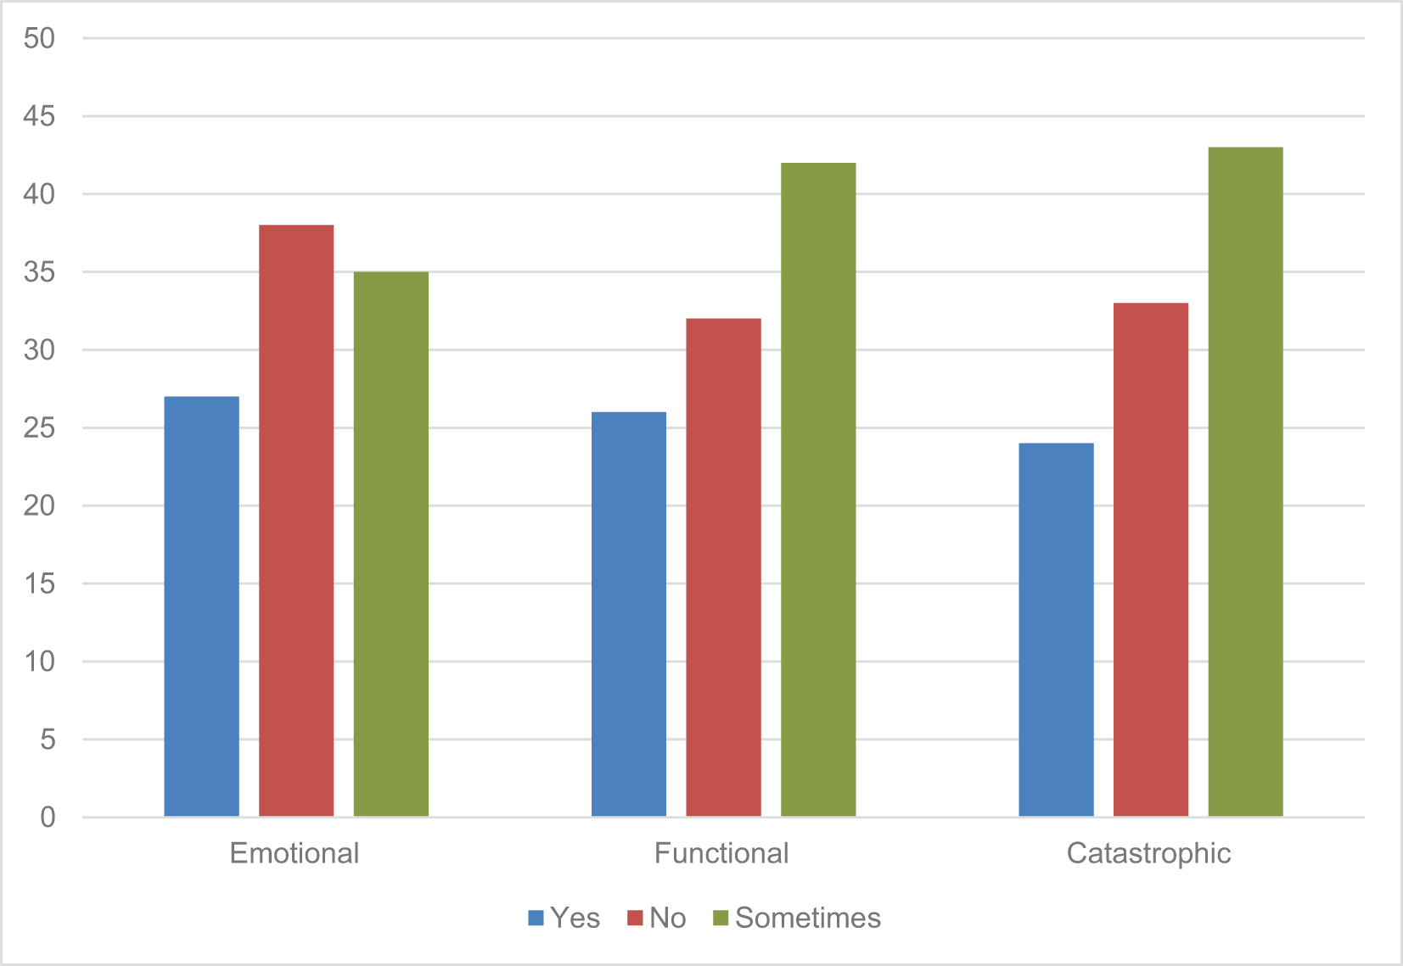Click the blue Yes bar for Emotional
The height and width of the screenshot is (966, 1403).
[x=202, y=606]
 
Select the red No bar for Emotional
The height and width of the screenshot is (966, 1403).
[x=296, y=520]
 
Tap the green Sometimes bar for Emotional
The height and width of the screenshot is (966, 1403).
[x=390, y=544]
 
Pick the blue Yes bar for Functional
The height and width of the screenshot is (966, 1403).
[x=629, y=614]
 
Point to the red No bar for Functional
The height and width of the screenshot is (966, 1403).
[x=723, y=567]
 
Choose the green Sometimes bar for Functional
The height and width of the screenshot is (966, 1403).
[x=818, y=489]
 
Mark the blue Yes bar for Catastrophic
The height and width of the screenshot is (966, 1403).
[x=1056, y=630]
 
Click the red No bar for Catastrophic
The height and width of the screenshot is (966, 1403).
[x=1151, y=560]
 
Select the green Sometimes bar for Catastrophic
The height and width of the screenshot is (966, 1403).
[x=1245, y=482]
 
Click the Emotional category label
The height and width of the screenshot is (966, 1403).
[x=295, y=853]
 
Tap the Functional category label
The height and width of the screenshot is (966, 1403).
[x=721, y=853]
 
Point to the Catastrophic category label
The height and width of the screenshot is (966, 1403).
[x=1148, y=853]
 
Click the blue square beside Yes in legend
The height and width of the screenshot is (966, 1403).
[x=536, y=918]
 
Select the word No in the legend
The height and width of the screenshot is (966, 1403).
[x=668, y=918]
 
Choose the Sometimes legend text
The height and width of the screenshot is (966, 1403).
[x=808, y=918]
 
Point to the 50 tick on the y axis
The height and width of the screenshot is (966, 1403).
[x=39, y=38]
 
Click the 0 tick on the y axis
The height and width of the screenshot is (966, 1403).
[x=48, y=817]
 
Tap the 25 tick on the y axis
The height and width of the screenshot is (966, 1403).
[x=39, y=427]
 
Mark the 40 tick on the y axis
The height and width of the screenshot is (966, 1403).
[x=39, y=194]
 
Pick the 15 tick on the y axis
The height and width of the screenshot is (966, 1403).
[x=39, y=584]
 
